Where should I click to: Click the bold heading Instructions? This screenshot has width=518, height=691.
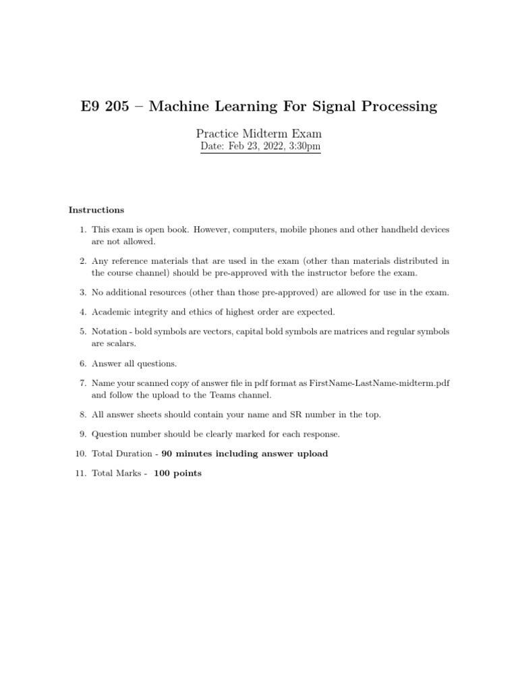click(x=96, y=210)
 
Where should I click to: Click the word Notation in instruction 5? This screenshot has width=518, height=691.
click(x=109, y=331)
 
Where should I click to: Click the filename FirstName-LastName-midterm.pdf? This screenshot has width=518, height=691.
click(x=379, y=383)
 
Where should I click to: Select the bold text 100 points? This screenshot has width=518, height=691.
click(x=177, y=473)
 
